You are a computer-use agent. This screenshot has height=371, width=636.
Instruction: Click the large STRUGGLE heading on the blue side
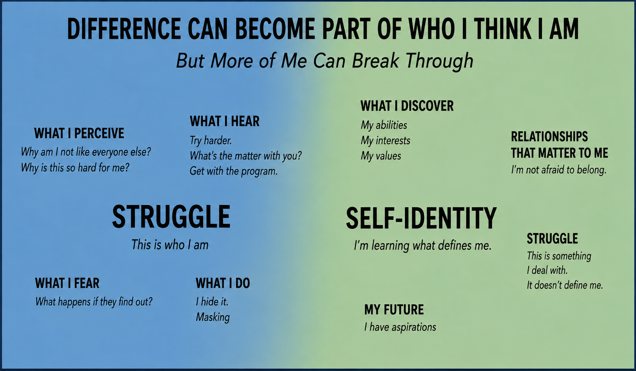click(171, 216)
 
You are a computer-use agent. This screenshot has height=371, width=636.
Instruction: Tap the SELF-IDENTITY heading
click(422, 218)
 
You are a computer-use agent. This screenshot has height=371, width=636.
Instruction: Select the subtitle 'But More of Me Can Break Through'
click(325, 61)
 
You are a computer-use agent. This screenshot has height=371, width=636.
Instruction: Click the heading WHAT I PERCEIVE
click(79, 133)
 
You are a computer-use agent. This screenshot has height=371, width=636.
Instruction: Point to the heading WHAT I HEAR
click(225, 121)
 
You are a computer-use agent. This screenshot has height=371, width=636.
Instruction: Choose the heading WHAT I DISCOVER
click(407, 106)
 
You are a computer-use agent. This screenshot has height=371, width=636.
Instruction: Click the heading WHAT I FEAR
click(67, 283)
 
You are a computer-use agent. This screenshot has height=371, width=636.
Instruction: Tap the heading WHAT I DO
click(223, 283)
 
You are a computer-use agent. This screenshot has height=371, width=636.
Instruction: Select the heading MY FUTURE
click(394, 310)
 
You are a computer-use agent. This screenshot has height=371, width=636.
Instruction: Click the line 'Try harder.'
click(211, 141)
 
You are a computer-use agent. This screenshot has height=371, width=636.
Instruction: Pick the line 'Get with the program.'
click(233, 171)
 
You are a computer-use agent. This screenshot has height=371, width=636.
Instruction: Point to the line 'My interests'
click(385, 141)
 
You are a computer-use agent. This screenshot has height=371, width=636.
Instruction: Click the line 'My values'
click(381, 156)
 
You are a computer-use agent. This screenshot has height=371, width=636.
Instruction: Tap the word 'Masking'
click(213, 317)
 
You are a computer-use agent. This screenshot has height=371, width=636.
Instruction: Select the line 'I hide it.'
click(212, 302)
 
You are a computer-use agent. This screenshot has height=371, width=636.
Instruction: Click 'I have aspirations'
click(400, 327)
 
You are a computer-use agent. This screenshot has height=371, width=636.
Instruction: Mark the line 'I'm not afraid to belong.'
click(559, 170)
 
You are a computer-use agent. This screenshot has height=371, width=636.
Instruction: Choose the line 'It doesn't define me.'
click(565, 285)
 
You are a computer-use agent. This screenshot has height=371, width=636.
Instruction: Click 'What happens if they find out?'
click(94, 302)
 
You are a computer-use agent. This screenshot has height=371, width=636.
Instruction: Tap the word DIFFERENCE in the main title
click(124, 29)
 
